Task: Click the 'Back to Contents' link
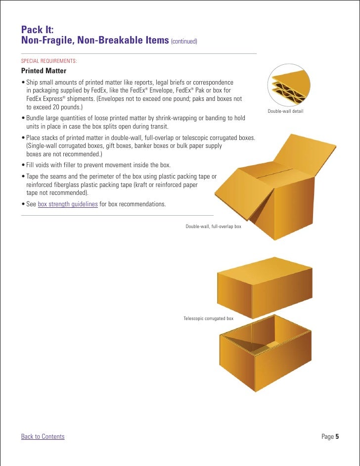click(x=43, y=436)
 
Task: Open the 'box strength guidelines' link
click(x=68, y=204)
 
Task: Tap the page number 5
click(x=337, y=436)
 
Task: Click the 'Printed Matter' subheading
click(x=44, y=71)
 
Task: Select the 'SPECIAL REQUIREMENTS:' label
click(x=48, y=61)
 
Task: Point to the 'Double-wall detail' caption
click(x=285, y=111)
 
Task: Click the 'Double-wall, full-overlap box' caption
click(x=213, y=226)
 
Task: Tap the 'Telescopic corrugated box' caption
click(x=208, y=318)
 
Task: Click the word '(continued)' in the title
click(x=184, y=41)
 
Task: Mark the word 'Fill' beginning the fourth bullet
click(x=31, y=165)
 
